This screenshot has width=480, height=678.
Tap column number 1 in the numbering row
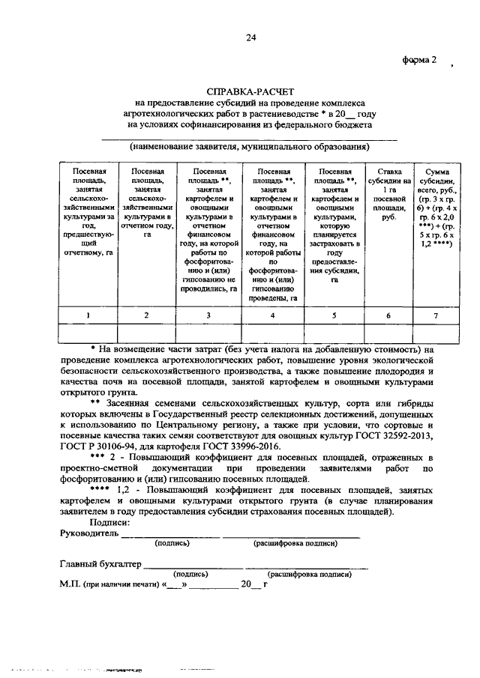point(88,316)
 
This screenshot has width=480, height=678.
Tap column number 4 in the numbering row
point(272,316)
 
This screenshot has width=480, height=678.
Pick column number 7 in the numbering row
point(436,316)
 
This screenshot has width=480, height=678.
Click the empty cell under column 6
point(388,333)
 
